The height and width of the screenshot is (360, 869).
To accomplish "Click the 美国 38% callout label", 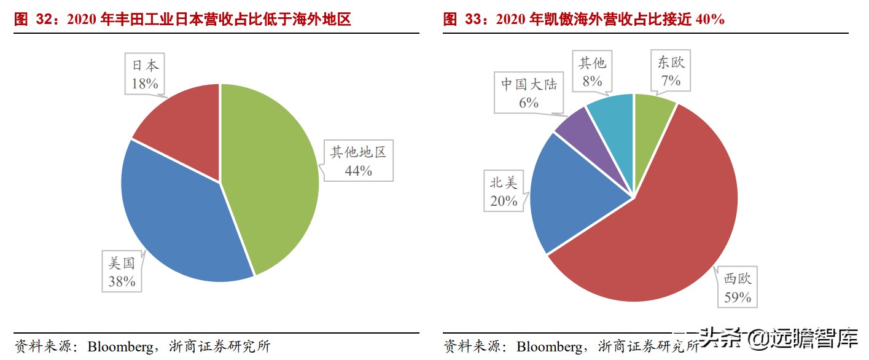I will point(122,273).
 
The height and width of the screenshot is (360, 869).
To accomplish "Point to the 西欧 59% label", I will point(737,288).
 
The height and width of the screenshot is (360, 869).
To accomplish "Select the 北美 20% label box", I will point(504,192).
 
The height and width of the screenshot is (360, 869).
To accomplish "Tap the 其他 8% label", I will point(592,71).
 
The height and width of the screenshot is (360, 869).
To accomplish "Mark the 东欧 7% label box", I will point(670,71).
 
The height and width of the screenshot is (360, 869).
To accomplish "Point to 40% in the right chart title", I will point(711,20).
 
